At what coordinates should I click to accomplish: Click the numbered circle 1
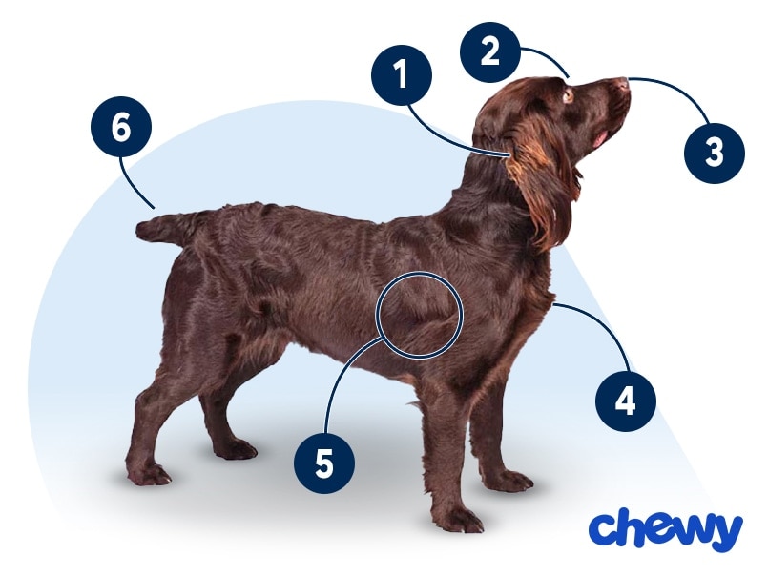(x=402, y=75)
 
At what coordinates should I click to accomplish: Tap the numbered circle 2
(x=489, y=51)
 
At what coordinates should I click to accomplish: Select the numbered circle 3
(x=715, y=153)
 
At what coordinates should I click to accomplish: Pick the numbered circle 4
(x=626, y=401)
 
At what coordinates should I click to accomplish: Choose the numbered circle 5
(x=324, y=463)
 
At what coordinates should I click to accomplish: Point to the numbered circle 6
(x=121, y=127)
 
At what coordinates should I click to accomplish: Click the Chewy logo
(x=666, y=529)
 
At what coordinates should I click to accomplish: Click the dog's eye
(x=569, y=94)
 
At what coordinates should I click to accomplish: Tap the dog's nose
(x=622, y=83)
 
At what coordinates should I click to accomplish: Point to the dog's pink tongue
(x=599, y=138)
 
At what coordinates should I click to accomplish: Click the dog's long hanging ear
(x=539, y=191)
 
